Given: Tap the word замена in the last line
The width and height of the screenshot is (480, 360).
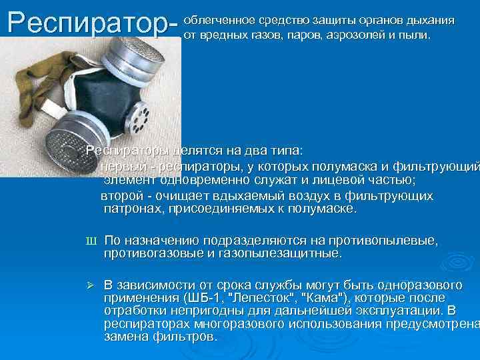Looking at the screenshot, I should pyautogui.click(x=126, y=337).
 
